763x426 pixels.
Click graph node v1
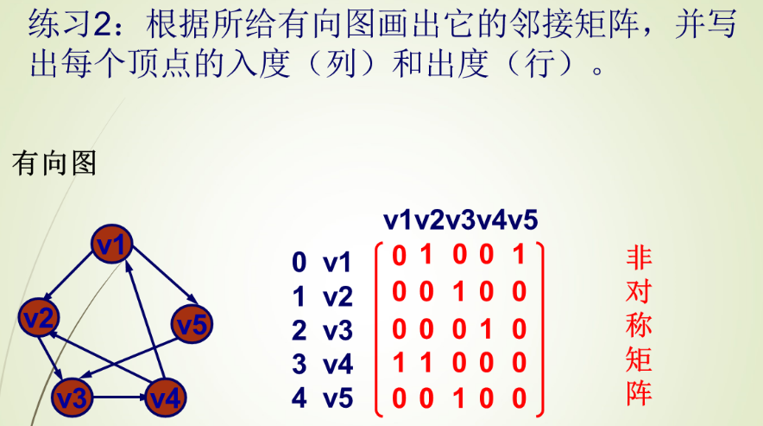click(114, 245)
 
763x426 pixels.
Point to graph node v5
click(192, 325)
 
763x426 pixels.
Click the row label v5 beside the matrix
click(337, 400)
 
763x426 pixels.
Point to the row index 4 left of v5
click(300, 400)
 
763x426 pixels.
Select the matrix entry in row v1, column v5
click(518, 257)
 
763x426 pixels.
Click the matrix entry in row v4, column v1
click(398, 362)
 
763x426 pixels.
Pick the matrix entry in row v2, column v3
click(458, 292)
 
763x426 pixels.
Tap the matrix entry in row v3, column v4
click(489, 327)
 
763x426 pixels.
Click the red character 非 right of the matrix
click(639, 258)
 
